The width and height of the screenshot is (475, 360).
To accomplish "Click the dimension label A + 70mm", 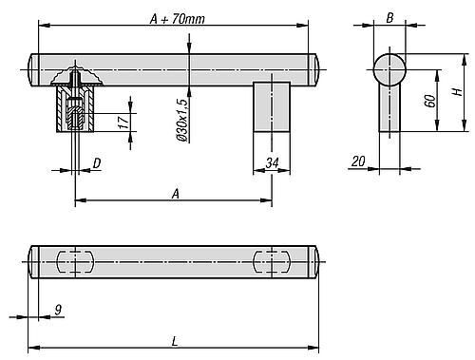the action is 178,19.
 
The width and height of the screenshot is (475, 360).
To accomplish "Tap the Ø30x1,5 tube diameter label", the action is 181,120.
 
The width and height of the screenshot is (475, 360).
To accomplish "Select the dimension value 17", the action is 124,123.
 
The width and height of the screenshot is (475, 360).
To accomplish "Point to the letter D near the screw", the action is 97,163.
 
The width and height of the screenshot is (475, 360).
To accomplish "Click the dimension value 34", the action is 272,163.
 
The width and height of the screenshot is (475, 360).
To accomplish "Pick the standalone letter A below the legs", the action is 176,194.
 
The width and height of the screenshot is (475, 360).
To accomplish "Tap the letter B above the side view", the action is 389,18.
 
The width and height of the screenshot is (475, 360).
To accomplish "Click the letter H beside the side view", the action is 457,92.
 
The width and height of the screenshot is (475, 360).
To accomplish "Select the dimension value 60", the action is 430,101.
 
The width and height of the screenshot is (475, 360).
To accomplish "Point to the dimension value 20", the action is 358,161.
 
